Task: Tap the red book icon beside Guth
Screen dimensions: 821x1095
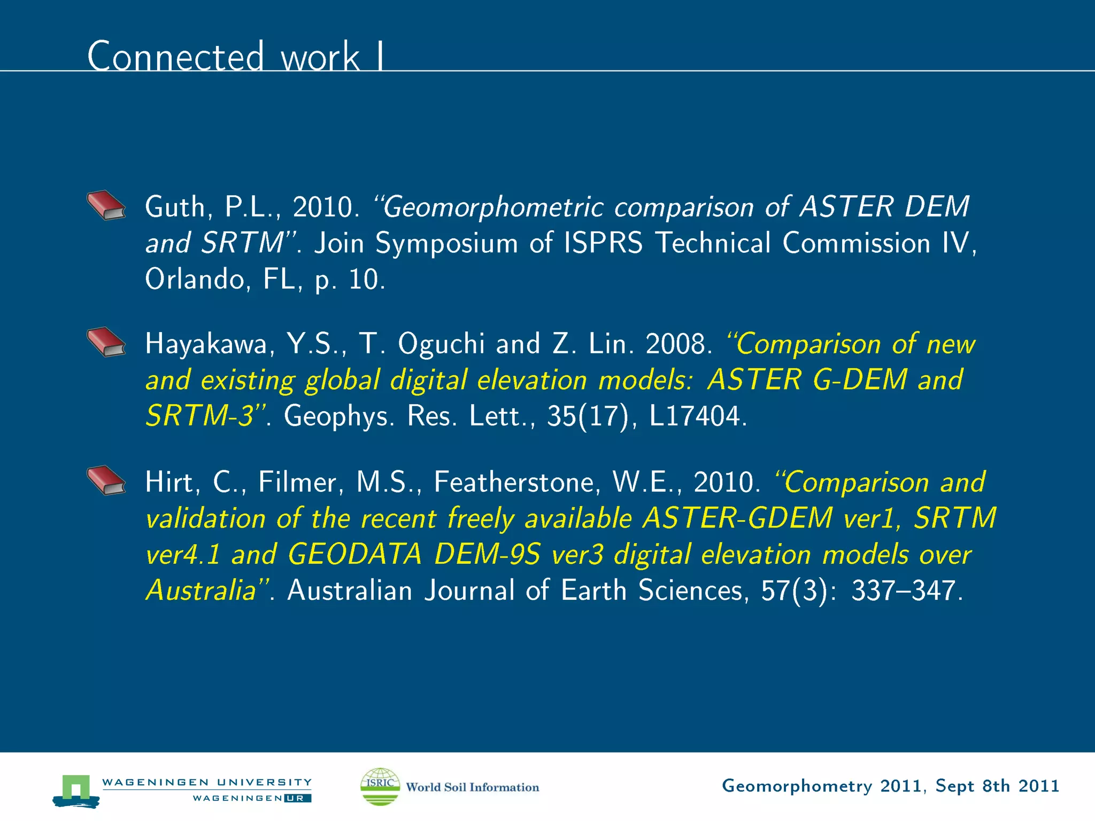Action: [106, 205]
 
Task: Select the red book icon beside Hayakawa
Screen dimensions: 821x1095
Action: [106, 342]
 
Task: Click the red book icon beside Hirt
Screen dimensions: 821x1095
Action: [106, 481]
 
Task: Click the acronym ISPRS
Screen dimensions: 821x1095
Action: [603, 243]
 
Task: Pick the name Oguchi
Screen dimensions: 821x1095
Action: [441, 344]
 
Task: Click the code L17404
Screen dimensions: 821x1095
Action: [696, 416]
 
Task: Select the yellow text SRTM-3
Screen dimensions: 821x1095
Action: [199, 416]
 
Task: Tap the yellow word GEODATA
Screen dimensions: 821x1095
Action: [354, 554]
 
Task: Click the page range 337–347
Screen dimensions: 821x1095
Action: [906, 591]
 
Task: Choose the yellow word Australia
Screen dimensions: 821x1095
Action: [201, 591]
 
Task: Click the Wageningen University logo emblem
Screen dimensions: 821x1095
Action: [76, 790]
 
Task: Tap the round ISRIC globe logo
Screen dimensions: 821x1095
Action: [380, 786]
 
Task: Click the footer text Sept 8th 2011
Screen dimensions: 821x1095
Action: [997, 786]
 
